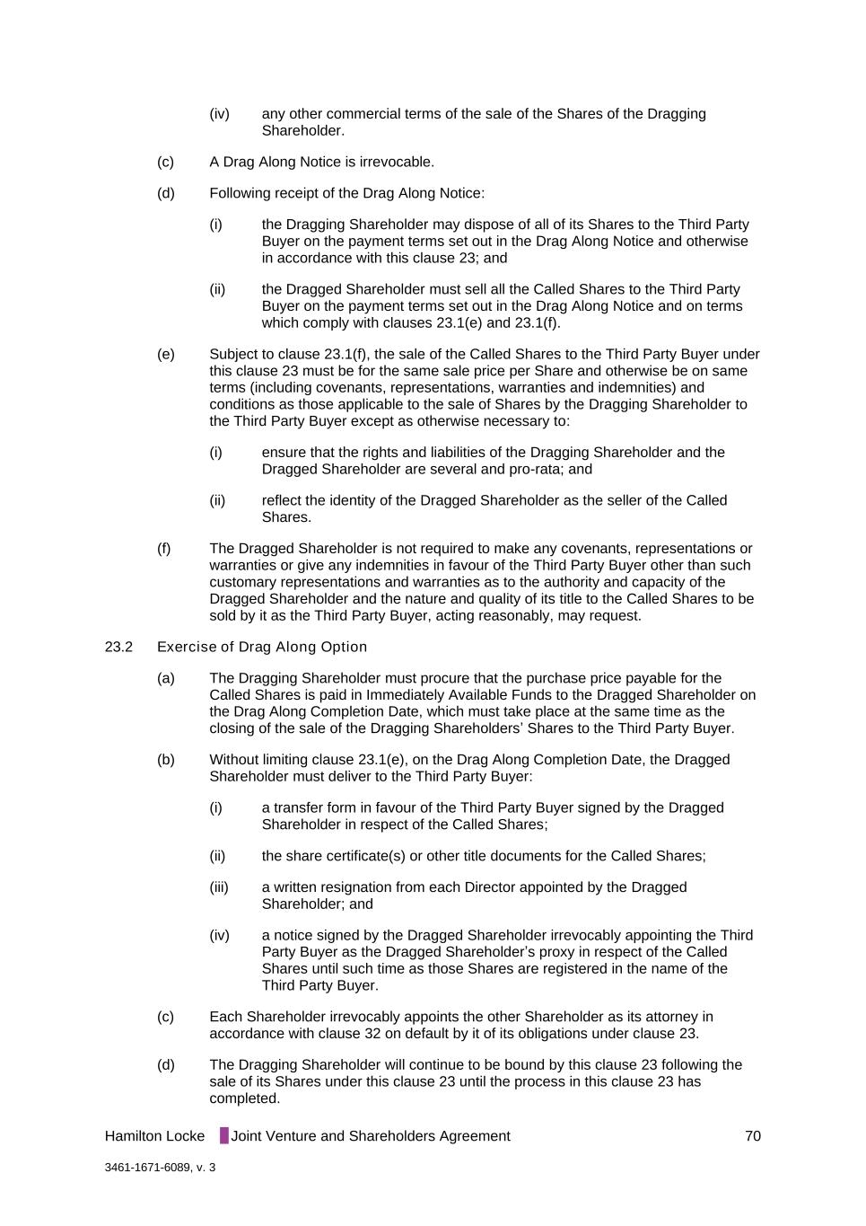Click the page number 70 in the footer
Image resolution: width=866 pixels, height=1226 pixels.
(x=752, y=1136)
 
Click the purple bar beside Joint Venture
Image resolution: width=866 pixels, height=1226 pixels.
(x=224, y=1136)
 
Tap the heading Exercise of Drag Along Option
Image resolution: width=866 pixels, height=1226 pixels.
(x=262, y=647)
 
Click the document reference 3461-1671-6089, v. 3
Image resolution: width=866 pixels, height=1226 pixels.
(x=160, y=1168)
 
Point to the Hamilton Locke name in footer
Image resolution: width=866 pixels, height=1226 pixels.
(x=154, y=1136)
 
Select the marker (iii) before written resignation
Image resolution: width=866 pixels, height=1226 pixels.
(x=219, y=887)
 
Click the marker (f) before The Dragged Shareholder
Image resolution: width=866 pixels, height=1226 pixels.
(x=164, y=549)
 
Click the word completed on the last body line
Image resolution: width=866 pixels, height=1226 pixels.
(x=244, y=1098)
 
